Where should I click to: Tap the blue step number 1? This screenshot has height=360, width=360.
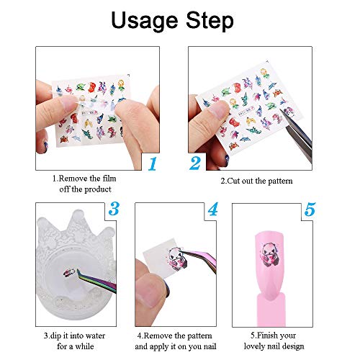click(152, 163)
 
